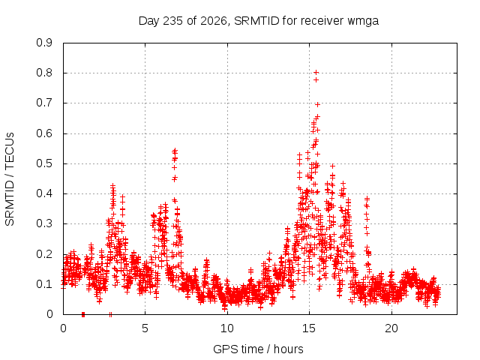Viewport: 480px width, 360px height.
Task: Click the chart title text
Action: (x=259, y=21)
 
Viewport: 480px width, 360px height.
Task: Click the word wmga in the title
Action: (x=363, y=22)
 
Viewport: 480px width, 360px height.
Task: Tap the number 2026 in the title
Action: (x=214, y=20)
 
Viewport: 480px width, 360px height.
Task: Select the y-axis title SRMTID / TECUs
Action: (x=10, y=179)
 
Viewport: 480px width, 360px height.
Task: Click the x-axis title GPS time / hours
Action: (x=258, y=349)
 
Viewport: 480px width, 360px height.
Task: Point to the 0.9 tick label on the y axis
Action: (x=44, y=43)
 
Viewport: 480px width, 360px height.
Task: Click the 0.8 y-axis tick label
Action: (x=44, y=73)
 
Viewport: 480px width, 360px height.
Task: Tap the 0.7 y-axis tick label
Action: (x=44, y=103)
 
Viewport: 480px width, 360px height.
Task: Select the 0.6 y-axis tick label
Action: (x=44, y=133)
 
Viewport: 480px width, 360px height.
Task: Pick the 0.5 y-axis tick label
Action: (x=44, y=163)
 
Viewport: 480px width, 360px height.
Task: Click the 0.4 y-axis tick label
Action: (x=44, y=193)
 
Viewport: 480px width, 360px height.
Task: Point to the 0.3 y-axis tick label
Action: (x=44, y=223)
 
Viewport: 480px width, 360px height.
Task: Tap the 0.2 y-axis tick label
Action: (x=44, y=254)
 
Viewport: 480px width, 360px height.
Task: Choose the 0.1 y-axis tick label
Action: (x=44, y=284)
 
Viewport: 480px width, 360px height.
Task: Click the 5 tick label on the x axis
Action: (x=145, y=328)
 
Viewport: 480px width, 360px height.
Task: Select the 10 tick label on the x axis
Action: (x=227, y=328)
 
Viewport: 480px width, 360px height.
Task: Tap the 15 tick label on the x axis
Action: (x=309, y=328)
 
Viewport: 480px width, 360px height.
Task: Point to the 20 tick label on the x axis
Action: (x=391, y=328)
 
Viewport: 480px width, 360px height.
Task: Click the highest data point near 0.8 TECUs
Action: (x=316, y=72)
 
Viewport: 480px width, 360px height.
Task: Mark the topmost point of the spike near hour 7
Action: (x=175, y=150)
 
